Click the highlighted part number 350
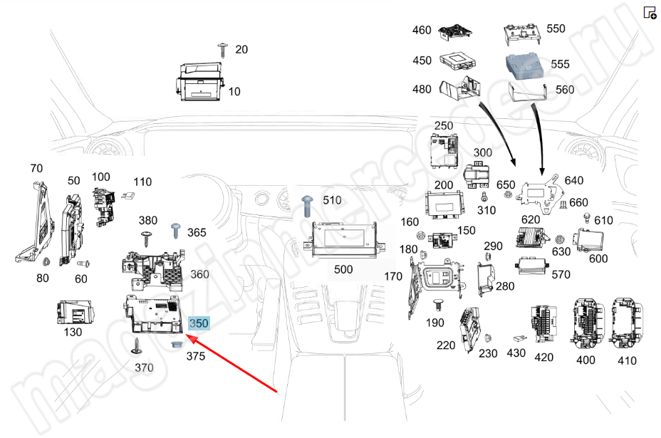[x=199, y=323]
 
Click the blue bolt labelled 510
[x=308, y=205]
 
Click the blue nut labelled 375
[x=175, y=345]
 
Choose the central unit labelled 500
[x=344, y=242]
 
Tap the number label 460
[x=422, y=31]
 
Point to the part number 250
[x=443, y=126]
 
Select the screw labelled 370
[x=137, y=348]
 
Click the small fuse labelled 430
[x=519, y=339]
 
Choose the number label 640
[x=573, y=180]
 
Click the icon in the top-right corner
[x=650, y=12]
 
